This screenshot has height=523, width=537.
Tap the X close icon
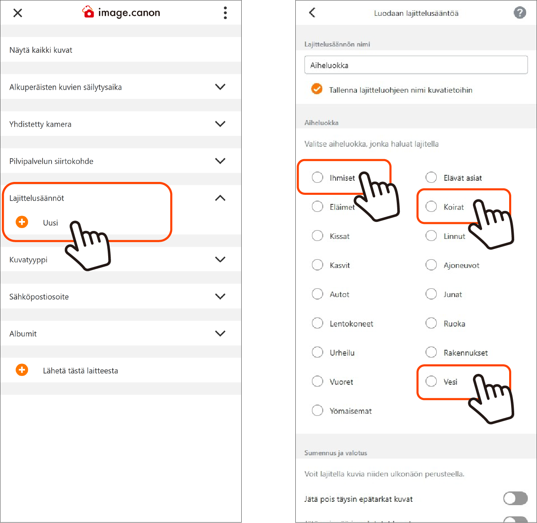17,13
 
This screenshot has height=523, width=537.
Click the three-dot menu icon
225,13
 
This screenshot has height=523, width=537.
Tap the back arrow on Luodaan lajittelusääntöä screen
312,13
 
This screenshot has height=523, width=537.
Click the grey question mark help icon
520,13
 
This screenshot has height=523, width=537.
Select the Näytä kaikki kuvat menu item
41,50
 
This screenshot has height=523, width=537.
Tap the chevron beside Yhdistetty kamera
220,124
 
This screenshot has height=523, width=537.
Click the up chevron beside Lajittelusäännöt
220,198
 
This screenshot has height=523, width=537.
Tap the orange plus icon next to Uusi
22,222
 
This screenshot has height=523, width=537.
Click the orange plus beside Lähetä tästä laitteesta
22,370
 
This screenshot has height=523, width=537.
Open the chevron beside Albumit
220,334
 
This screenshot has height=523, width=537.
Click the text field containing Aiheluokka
416,65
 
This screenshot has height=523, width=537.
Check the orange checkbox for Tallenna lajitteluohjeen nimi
317,89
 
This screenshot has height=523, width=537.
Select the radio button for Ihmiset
317,177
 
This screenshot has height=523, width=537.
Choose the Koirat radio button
431,206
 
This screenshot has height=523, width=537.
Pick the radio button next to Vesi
431,381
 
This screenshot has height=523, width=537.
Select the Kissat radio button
317,236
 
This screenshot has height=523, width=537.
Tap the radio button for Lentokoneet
317,323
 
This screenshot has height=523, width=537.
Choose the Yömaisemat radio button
317,410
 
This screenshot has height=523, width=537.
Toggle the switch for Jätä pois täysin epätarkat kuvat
515,498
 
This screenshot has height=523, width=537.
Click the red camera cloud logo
88,12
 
